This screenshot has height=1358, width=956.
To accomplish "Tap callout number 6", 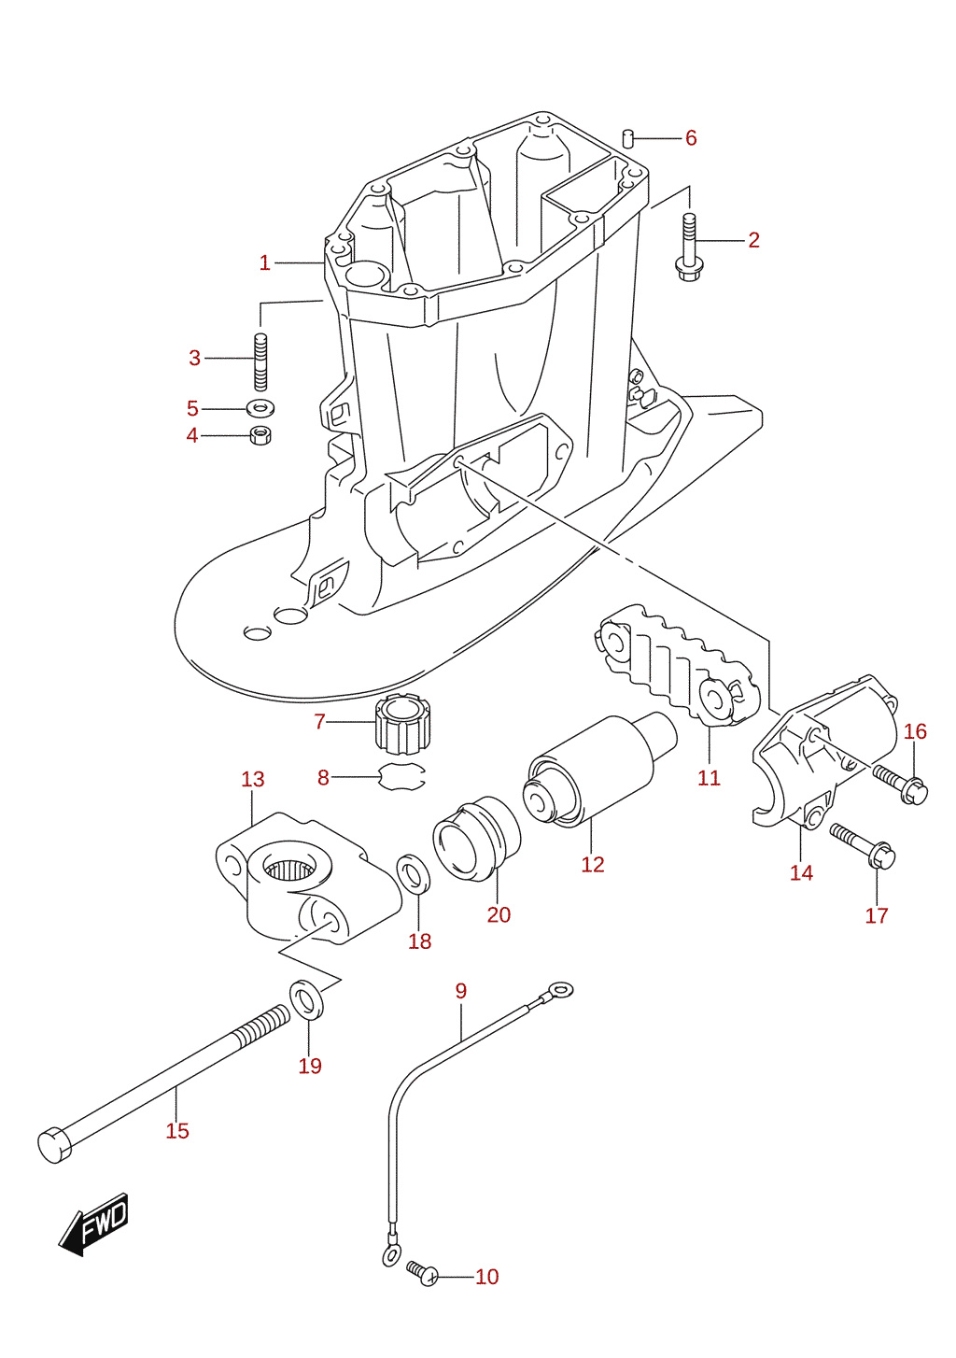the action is pos(691,138).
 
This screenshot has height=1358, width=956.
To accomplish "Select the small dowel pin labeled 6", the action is pos(628,137).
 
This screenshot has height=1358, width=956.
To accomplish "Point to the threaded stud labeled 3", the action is pos(260,362).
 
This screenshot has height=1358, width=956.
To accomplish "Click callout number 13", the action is pos(253,779).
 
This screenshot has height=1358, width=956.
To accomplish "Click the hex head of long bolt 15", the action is pos(54,1145).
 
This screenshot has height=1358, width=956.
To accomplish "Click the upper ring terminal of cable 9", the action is pos(561,990).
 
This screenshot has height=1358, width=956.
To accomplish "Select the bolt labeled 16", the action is pos(900,783).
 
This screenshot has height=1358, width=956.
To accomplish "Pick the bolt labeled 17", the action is pos(862,844).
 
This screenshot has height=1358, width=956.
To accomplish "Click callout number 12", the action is pos(593,864).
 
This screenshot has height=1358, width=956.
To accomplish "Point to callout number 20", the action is pos(499,914).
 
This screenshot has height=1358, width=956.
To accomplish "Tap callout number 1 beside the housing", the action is pos(265,262).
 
